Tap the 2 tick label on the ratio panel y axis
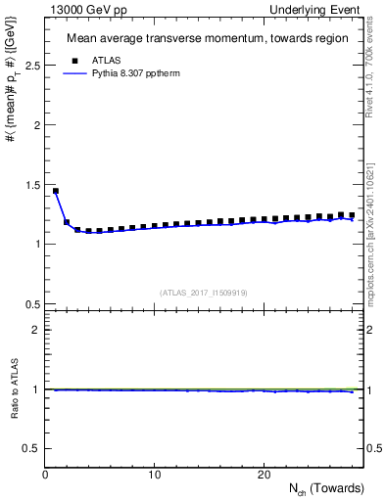click(35, 330)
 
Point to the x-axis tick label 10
click(154, 475)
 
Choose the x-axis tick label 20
click(263, 475)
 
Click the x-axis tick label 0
click(45, 475)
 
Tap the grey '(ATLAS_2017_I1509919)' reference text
click(203, 292)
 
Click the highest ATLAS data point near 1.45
click(56, 191)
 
